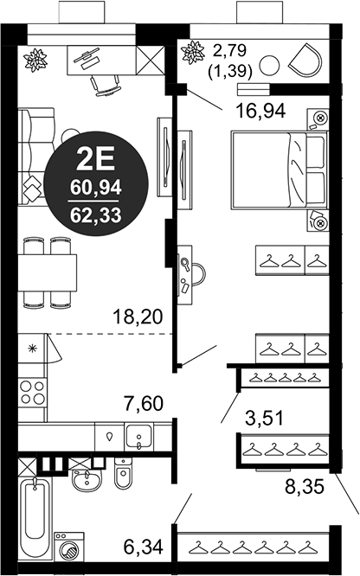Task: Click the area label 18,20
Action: point(138,317)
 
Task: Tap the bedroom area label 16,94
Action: point(260,111)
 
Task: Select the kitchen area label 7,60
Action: point(144,404)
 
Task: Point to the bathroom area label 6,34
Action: point(144,547)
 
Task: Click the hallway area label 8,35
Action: point(305,487)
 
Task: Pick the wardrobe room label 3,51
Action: point(264,418)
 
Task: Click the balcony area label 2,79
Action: point(230,50)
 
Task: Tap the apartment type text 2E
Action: point(95,160)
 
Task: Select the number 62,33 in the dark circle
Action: point(96,215)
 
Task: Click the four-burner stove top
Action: point(32,392)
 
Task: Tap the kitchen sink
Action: point(138,437)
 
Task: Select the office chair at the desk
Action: point(106,86)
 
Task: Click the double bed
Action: point(280,169)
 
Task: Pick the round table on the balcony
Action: point(269,66)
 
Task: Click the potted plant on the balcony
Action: point(193,51)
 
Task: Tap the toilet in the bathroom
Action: point(123,473)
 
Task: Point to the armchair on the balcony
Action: point(305,61)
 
